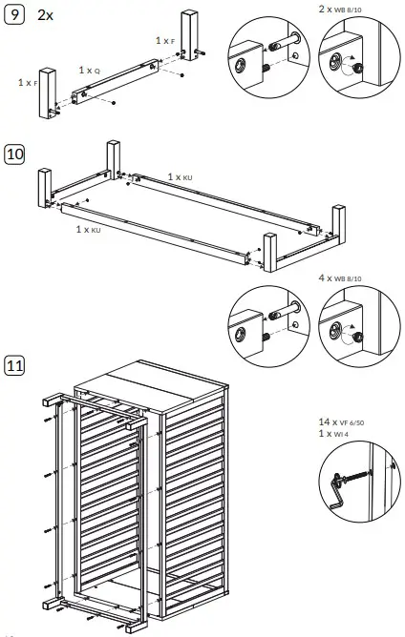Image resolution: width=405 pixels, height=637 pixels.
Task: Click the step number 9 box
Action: pyautogui.click(x=14, y=15)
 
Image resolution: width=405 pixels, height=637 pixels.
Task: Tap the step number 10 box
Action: pyautogui.click(x=15, y=154)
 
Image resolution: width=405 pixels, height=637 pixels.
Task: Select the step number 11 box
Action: pyautogui.click(x=15, y=364)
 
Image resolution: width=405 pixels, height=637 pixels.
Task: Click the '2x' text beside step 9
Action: pyautogui.click(x=45, y=15)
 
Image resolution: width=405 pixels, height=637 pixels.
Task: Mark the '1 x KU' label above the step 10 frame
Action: pyautogui.click(x=181, y=177)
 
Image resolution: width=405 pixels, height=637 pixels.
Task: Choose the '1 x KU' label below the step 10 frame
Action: pyautogui.click(x=89, y=230)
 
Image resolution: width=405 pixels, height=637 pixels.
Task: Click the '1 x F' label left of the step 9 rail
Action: pyautogui.click(x=28, y=83)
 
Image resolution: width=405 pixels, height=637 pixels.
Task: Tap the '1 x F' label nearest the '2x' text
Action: pyautogui.click(x=165, y=41)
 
